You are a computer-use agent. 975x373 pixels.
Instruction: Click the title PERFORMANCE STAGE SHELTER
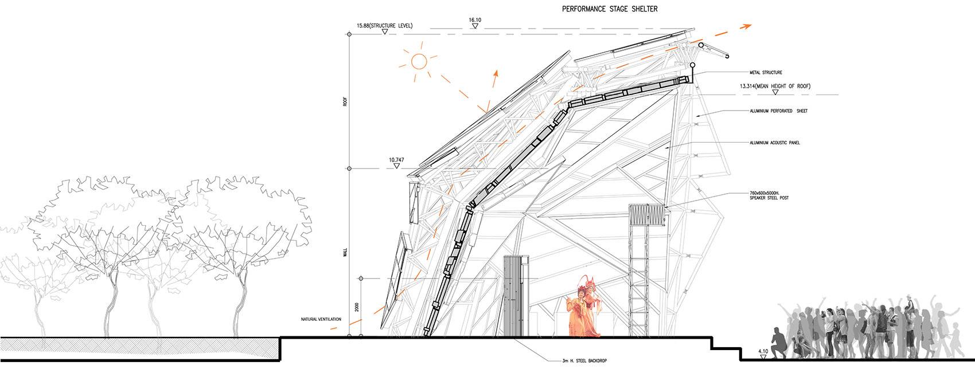[609, 9]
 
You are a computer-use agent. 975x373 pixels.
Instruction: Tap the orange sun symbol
[419, 61]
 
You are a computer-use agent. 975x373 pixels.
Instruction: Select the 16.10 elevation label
[475, 20]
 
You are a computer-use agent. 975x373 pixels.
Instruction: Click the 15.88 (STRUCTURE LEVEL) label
[384, 26]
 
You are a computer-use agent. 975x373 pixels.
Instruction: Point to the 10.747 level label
[396, 160]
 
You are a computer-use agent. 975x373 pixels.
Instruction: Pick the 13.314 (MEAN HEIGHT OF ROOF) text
[775, 86]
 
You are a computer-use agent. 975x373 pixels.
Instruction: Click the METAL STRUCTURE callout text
[766, 73]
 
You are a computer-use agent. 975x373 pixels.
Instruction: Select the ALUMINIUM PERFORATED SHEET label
[779, 111]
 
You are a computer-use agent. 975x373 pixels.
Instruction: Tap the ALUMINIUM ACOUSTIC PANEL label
[775, 143]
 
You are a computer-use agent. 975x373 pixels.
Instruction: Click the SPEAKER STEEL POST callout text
[769, 198]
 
